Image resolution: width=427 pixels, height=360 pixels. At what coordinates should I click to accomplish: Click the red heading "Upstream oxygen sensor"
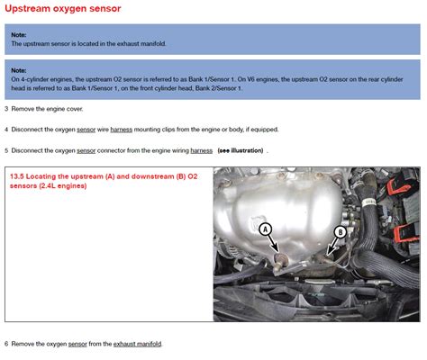click(63, 8)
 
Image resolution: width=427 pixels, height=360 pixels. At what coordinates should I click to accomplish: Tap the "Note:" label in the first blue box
click(19, 35)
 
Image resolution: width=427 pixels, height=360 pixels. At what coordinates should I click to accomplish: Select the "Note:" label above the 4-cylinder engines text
click(19, 70)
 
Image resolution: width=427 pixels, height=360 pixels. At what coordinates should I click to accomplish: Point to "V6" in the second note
click(250, 79)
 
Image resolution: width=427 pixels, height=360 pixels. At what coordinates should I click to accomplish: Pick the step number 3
click(6, 109)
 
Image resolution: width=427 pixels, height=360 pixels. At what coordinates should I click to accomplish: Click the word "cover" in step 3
click(75, 109)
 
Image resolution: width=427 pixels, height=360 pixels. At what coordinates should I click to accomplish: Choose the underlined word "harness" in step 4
click(122, 130)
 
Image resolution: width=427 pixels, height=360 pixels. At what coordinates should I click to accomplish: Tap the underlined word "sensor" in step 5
click(86, 150)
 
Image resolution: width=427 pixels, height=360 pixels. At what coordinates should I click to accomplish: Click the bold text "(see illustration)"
click(241, 150)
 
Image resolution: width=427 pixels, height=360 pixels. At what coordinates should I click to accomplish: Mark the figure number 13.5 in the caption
click(17, 176)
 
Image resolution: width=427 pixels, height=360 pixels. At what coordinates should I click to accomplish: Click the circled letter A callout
click(265, 229)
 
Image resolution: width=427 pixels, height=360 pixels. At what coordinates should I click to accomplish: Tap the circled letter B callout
click(341, 232)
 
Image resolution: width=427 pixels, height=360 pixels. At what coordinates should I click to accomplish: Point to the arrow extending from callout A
click(273, 243)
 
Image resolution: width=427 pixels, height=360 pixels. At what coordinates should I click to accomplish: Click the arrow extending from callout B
click(332, 247)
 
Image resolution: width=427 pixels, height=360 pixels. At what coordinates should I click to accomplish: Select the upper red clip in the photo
click(398, 185)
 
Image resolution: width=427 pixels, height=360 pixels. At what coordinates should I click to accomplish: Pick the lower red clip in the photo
click(405, 234)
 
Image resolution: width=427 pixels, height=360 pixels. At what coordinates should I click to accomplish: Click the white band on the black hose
click(368, 202)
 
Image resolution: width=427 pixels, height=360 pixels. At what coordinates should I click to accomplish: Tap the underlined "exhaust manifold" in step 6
click(137, 344)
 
